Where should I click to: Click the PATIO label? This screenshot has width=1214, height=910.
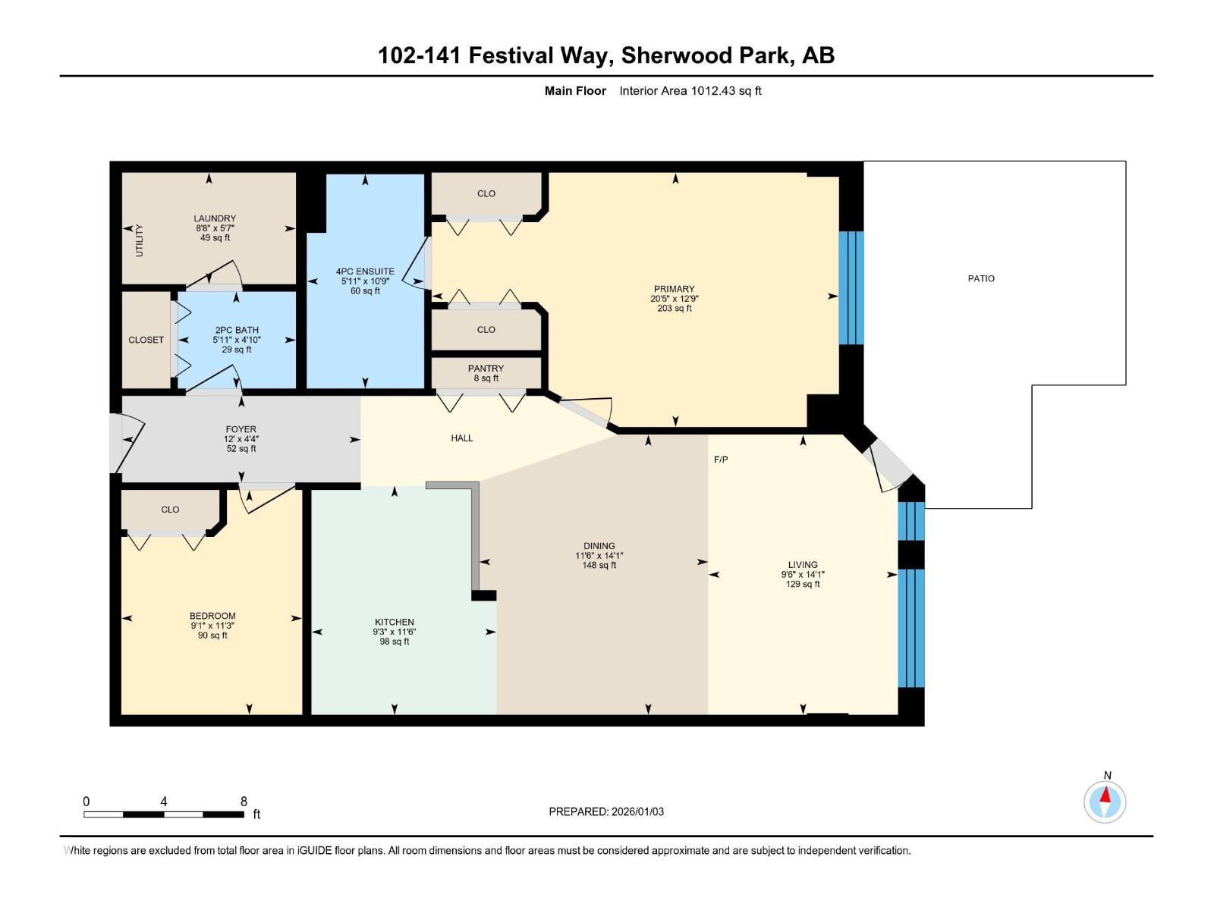980,278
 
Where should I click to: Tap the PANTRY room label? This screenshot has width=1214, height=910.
486,369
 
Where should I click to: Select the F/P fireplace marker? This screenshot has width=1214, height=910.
721,459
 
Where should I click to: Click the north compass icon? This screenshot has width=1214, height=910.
1105,802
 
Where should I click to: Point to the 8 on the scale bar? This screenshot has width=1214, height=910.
244,801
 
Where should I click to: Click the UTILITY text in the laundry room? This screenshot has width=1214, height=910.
140,240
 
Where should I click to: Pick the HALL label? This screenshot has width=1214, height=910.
462,438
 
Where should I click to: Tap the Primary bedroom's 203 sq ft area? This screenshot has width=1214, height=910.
675,309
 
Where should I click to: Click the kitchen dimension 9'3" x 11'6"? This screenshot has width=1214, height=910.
395,632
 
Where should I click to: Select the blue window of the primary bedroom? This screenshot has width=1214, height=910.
851,288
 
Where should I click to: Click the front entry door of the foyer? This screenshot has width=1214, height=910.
127,442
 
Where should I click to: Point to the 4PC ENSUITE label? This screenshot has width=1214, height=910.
365,271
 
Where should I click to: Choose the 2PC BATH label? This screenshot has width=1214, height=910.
237,331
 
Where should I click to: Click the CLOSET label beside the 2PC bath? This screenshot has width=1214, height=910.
146,340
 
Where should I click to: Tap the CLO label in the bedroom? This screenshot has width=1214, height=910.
171,510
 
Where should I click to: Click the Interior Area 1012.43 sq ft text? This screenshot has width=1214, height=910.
690,90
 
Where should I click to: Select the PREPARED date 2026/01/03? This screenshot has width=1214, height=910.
637,811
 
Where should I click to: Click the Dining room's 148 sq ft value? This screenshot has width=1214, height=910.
599,565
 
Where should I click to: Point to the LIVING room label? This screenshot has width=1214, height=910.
803,565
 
